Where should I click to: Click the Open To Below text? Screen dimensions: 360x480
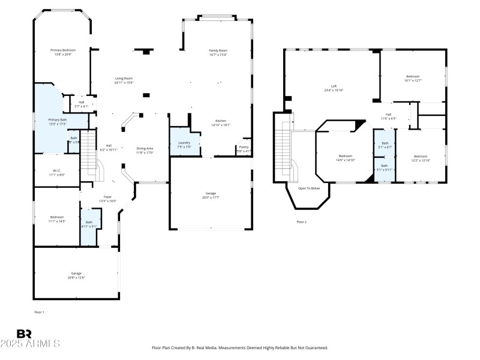point(308,188)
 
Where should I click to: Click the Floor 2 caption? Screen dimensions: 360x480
point(301,222)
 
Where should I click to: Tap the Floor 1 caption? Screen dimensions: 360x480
point(39,312)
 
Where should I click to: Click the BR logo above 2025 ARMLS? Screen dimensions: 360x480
point(24,333)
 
